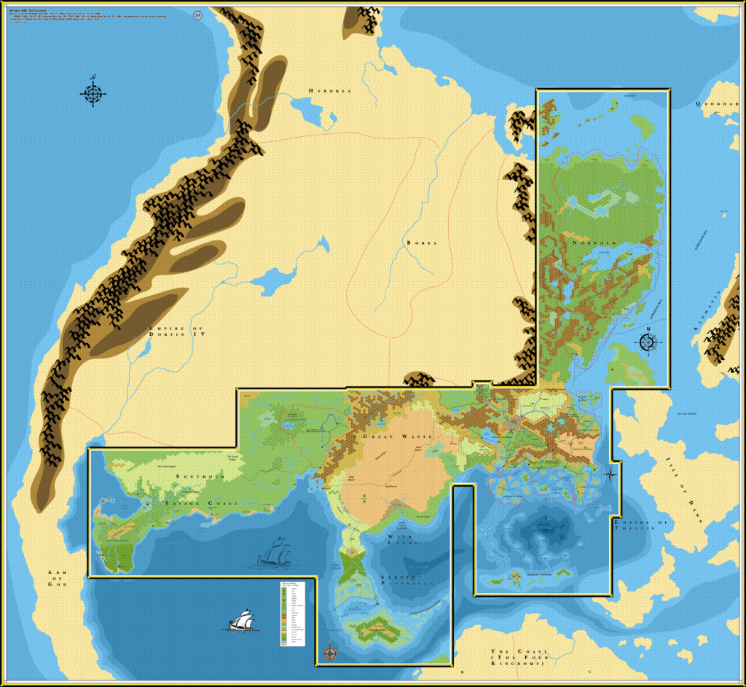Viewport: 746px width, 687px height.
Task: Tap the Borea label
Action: click(x=421, y=243)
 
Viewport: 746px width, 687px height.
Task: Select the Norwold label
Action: click(x=594, y=243)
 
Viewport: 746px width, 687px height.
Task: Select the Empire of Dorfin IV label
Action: click(x=177, y=333)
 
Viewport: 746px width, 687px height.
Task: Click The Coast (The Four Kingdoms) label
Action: click(x=517, y=657)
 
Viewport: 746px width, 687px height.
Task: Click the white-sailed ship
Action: click(x=240, y=621)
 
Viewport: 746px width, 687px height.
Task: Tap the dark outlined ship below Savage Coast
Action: click(x=275, y=554)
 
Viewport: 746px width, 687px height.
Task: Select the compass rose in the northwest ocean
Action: click(x=93, y=93)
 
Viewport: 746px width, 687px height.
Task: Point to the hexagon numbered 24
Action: click(x=199, y=15)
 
